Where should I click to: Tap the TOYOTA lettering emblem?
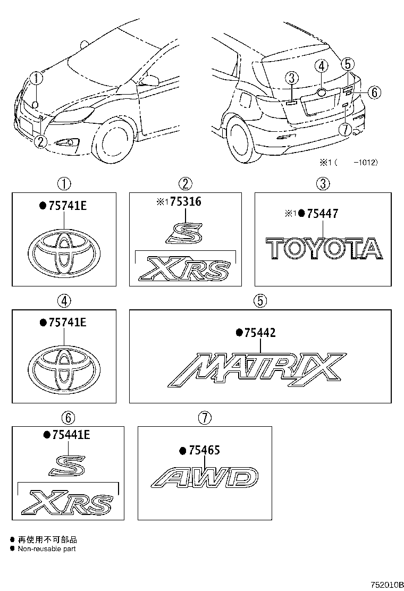(x=324, y=249)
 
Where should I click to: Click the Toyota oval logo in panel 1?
(x=63, y=251)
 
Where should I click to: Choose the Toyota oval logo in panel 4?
(x=63, y=368)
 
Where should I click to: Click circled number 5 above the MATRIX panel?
(x=260, y=300)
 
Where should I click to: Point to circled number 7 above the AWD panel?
(x=205, y=417)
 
